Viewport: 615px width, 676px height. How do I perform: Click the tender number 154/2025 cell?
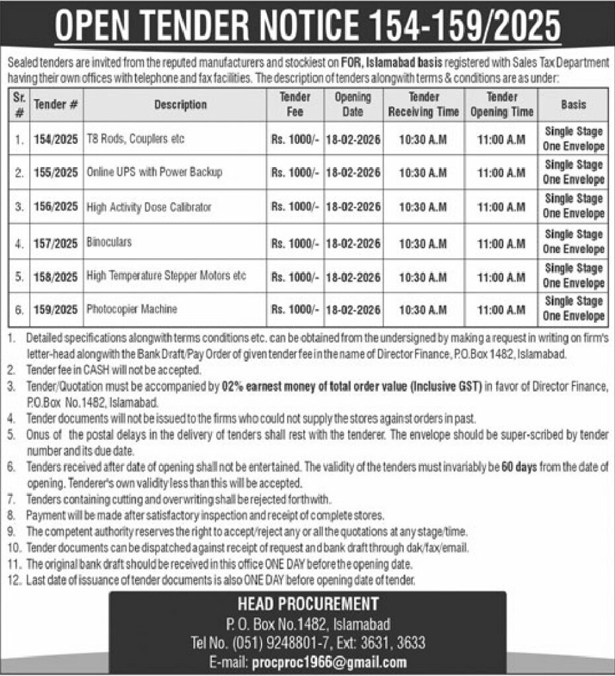tap(55, 139)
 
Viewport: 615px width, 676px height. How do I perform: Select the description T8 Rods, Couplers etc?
tap(135, 139)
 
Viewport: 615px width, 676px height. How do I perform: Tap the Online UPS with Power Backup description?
tap(155, 172)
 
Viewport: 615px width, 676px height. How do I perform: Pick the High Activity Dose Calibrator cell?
tap(149, 207)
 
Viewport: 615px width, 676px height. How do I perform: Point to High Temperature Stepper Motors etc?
tap(166, 276)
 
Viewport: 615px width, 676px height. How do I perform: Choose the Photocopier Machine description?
tap(132, 309)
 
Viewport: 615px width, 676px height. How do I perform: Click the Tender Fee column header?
tap(295, 104)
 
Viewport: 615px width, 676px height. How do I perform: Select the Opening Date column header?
tap(353, 104)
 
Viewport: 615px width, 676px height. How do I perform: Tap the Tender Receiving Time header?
tap(423, 104)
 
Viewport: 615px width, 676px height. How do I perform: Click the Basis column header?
tap(573, 104)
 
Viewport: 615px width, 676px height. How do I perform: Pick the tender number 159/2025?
tap(55, 309)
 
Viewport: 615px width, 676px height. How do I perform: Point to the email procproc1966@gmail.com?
tap(329, 662)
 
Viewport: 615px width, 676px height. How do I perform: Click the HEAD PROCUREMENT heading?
tap(307, 604)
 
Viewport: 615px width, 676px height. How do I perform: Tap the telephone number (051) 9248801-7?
tap(310, 643)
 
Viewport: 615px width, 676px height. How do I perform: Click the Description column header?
tap(180, 104)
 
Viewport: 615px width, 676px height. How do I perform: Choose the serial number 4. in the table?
tap(20, 242)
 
